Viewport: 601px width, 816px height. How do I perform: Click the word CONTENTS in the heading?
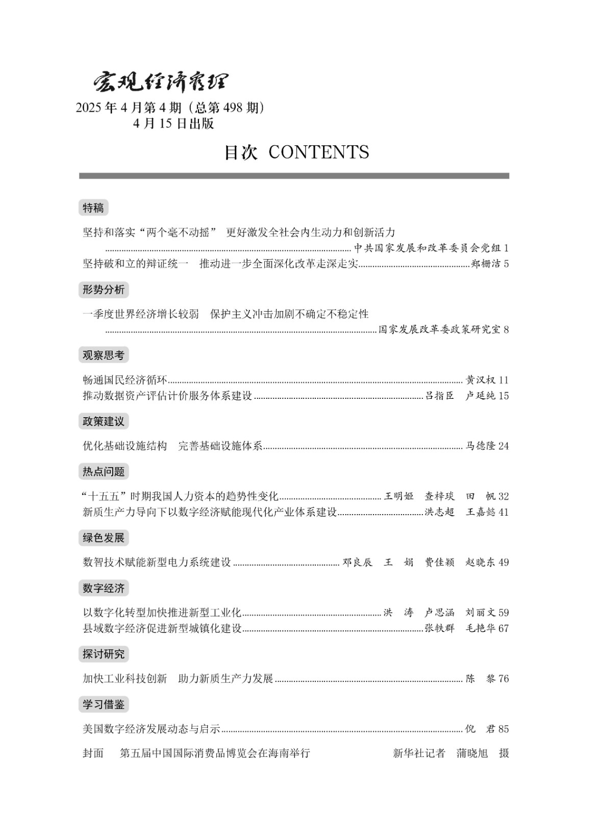318,152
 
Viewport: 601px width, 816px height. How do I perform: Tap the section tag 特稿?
93,208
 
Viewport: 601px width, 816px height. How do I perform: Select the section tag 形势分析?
104,290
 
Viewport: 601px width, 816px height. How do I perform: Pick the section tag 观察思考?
104,355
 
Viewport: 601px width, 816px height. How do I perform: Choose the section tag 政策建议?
104,421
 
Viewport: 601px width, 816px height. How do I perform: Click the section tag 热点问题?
104,471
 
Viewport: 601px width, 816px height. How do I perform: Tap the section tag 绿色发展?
104,538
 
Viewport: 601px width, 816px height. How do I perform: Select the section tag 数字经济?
104,588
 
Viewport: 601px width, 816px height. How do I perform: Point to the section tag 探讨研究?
104,654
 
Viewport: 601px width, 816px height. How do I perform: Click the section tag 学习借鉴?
104,704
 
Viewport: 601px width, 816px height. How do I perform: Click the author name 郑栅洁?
485,264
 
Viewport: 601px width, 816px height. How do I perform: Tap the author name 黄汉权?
480,380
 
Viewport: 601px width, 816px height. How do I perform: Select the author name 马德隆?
480,446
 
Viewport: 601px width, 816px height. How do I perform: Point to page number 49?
504,563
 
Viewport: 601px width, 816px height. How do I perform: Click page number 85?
504,729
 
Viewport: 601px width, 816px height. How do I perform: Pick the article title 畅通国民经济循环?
125,380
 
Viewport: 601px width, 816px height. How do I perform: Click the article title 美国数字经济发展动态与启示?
152,729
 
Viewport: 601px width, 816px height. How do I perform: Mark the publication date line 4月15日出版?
173,124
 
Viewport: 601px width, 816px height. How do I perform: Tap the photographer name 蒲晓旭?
472,753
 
